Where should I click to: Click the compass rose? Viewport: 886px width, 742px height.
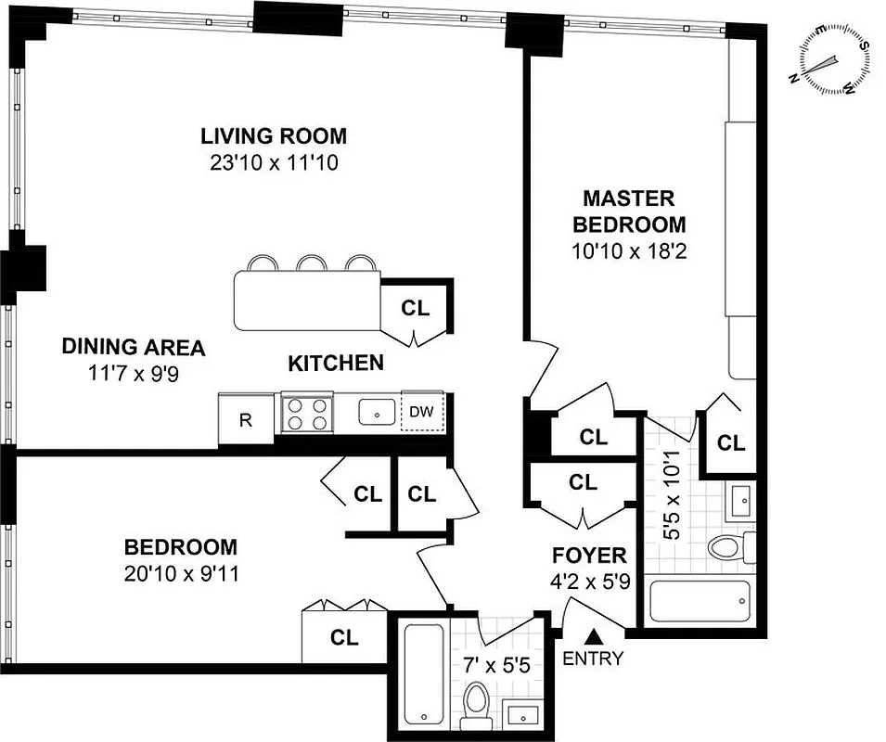831,60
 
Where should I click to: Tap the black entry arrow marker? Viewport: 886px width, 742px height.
593,636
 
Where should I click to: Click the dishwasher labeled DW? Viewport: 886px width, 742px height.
422,411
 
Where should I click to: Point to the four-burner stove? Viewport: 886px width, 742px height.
306,414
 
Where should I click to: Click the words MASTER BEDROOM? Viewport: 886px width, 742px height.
629,211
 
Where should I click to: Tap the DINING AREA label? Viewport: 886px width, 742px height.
133,348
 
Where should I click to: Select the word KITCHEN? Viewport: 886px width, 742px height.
335,363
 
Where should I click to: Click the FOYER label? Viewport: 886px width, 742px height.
590,556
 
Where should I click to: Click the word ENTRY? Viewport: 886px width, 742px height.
593,659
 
